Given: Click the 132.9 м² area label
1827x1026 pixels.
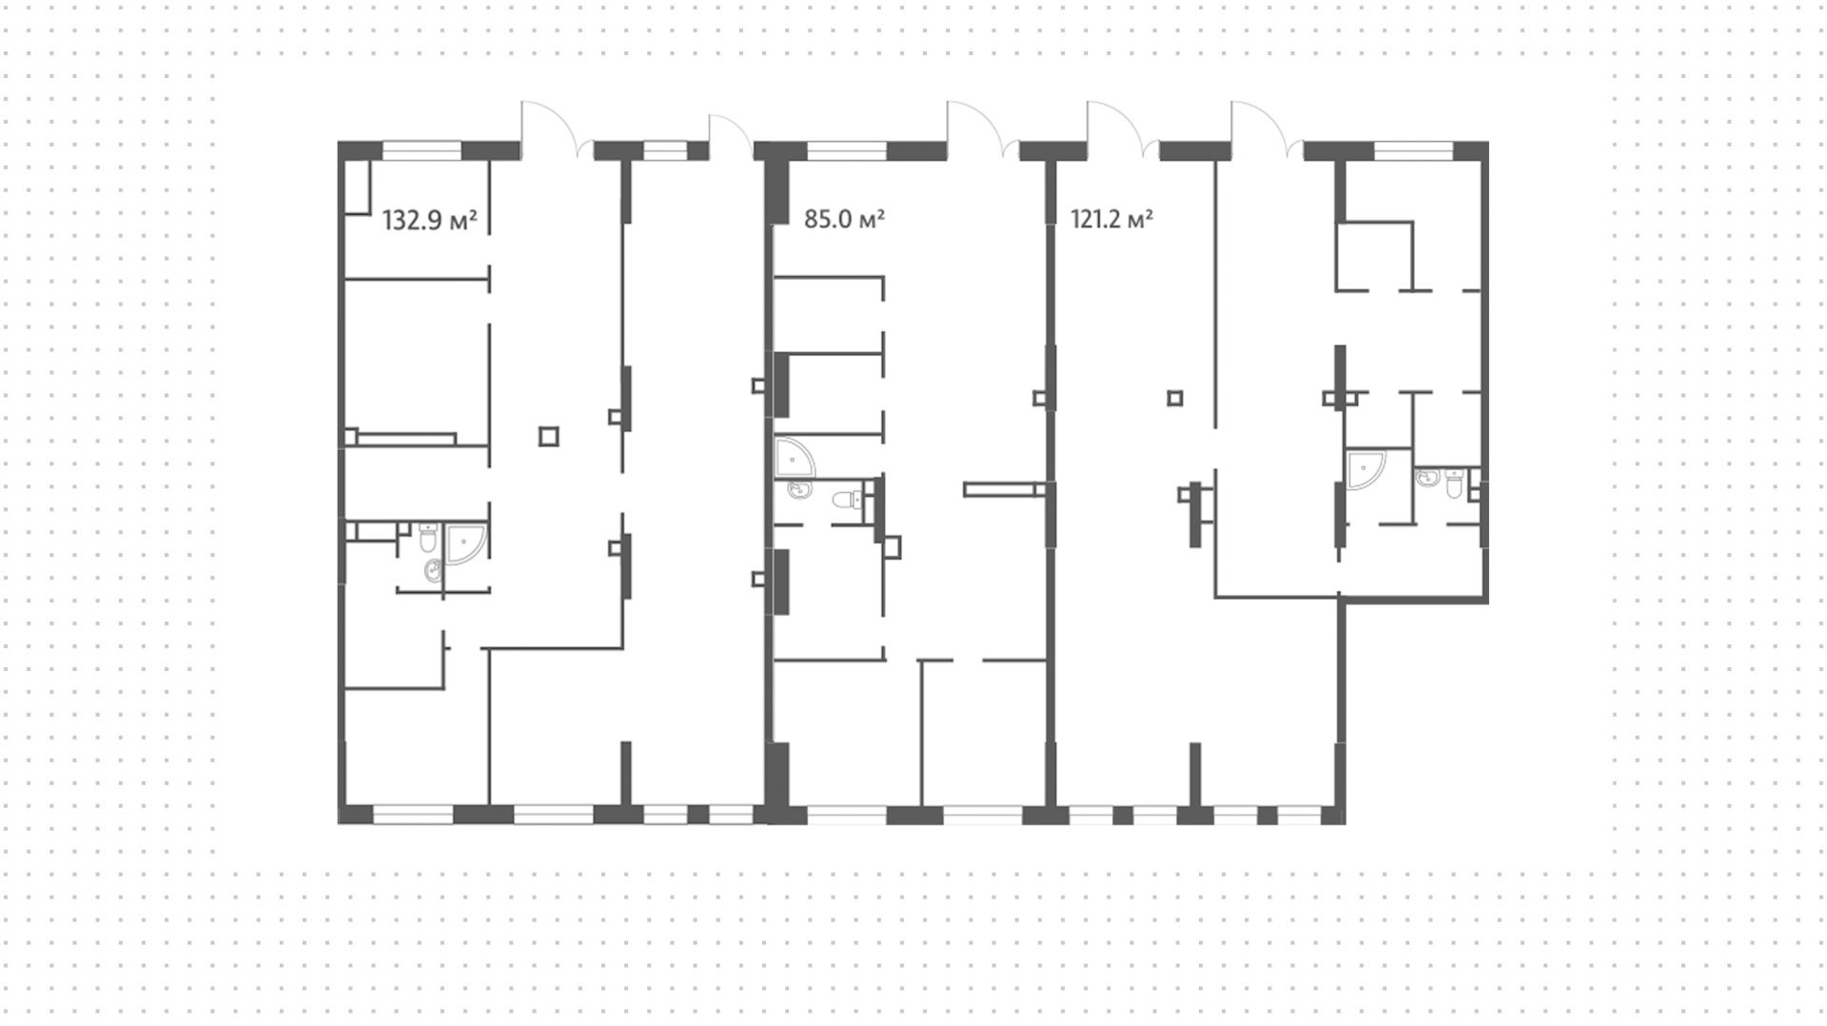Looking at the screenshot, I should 429,221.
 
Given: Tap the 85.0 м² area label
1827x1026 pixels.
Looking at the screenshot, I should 845,220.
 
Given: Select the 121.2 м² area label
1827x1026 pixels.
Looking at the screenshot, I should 1112,220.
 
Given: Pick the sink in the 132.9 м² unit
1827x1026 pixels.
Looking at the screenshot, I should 433,571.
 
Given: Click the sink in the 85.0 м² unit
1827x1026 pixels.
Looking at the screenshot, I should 799,490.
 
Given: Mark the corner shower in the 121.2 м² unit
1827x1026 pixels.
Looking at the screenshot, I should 1365,469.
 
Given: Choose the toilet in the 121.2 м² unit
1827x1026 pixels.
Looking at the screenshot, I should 1453,484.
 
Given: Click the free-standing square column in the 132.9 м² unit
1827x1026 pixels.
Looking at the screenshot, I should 548,437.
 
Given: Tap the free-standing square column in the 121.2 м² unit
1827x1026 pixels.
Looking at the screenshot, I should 1175,398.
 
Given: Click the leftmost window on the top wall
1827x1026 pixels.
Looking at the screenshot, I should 422,150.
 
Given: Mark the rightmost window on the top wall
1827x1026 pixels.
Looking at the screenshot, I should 1413,150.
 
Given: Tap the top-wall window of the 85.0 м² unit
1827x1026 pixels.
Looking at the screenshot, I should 847,150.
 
